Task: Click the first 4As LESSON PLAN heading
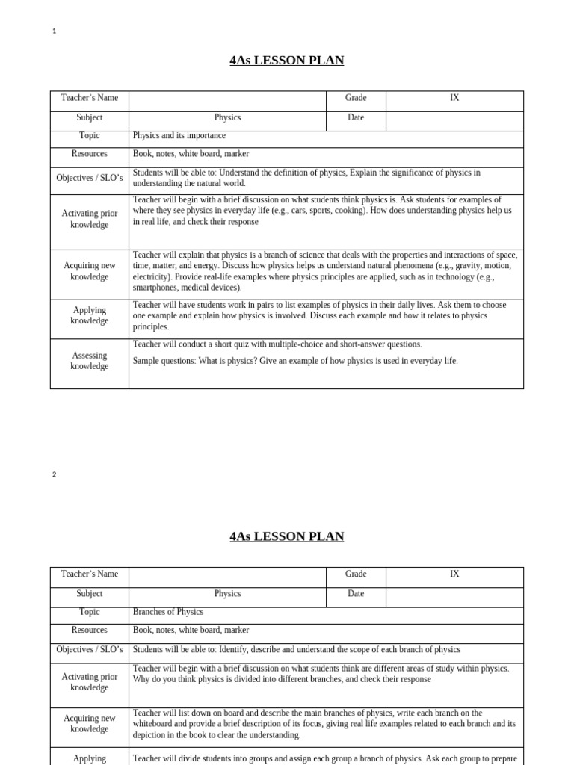click(287, 61)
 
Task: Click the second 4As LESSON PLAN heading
click(287, 536)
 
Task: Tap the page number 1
click(55, 31)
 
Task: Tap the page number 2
click(55, 474)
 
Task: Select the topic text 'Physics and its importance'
click(179, 136)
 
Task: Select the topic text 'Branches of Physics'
click(167, 612)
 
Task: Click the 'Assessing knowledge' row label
click(90, 361)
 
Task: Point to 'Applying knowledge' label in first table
click(90, 315)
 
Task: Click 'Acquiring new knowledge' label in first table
click(90, 271)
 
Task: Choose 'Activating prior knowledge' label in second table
click(90, 682)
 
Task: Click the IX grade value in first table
click(454, 98)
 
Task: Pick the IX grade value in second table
click(454, 574)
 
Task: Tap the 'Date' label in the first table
click(356, 118)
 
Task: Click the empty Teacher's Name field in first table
click(227, 101)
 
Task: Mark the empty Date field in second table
click(454, 597)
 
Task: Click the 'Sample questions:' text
click(164, 361)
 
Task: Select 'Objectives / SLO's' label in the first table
click(90, 178)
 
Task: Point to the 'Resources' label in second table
click(90, 631)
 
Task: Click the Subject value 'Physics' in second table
click(227, 594)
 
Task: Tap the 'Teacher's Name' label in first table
click(90, 98)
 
